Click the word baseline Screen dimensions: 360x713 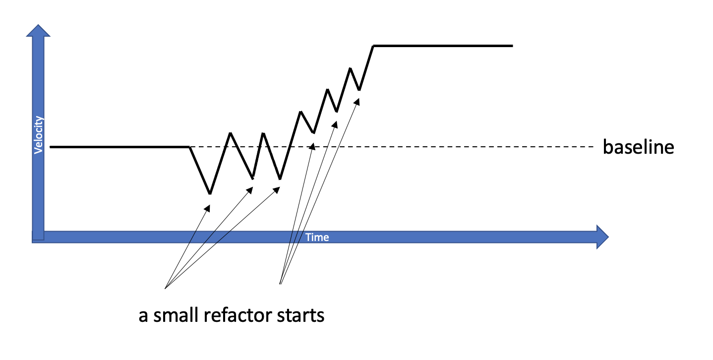pos(638,147)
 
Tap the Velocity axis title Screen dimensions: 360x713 pos(39,135)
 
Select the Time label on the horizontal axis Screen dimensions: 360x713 pos(317,237)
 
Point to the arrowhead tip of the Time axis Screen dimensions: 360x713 pos(608,237)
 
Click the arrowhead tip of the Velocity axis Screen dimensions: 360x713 pos(39,25)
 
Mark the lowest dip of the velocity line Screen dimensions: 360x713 pos(210,193)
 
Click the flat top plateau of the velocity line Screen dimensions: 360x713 pos(441,46)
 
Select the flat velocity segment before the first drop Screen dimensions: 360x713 pos(119,147)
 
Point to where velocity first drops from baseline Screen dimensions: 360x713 pos(189,147)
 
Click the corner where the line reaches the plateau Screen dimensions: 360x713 pos(374,46)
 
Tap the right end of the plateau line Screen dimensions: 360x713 pos(512,46)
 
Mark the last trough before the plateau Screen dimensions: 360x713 pos(359,90)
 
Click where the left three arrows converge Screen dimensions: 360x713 pos(165,288)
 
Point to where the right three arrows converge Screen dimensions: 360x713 pos(281,284)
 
